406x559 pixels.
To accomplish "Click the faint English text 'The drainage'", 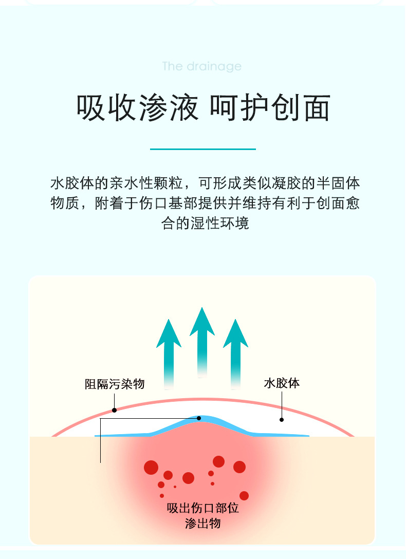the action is coord(201,66).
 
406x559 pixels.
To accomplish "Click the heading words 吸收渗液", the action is coord(137,108).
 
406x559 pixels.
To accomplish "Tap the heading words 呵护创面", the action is coord(270,108).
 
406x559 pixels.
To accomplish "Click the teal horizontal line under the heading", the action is coord(202,149).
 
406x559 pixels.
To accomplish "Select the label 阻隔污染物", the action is coord(115,384).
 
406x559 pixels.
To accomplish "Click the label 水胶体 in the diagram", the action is coord(281,383).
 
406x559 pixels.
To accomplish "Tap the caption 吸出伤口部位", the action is coord(203,509).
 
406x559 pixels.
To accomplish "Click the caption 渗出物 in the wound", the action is coord(203,524).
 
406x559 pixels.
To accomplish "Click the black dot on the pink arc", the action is coord(114,410).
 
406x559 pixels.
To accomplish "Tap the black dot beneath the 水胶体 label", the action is coord(282,420).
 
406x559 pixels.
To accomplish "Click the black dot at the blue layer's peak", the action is coord(199,418).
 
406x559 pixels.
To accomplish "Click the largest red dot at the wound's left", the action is coord(151,467).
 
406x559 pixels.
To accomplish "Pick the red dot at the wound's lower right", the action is coord(244,496).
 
